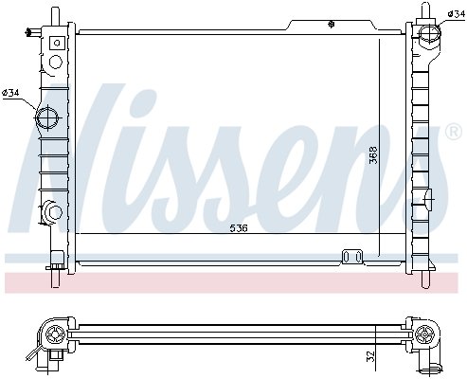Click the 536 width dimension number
click(239, 228)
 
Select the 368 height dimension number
click(373, 154)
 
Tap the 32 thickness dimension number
click(371, 356)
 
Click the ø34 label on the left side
click(11, 93)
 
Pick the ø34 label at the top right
click(457, 14)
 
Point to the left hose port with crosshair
click(47, 117)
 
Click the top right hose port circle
click(430, 33)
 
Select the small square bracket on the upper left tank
click(57, 43)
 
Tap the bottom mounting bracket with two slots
click(352, 257)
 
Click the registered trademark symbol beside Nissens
click(454, 132)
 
